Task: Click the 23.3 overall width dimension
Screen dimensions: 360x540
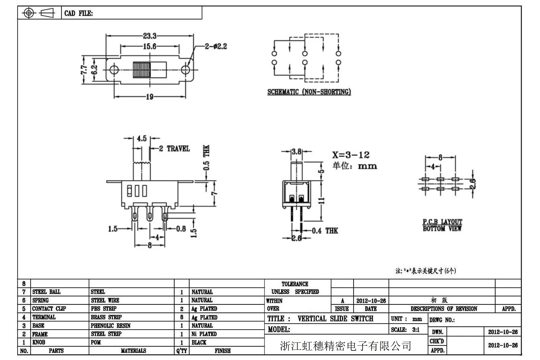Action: coord(149,36)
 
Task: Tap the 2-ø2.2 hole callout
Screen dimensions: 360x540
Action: coord(216,46)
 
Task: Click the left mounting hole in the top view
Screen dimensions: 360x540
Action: coord(114,70)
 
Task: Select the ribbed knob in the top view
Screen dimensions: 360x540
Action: coord(142,70)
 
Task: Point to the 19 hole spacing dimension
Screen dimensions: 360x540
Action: coord(149,97)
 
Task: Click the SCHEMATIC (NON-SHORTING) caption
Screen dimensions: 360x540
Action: coord(309,92)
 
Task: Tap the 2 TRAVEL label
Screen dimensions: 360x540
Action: coord(174,149)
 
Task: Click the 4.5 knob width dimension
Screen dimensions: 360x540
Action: coord(142,138)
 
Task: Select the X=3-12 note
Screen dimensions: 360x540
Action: coord(351,155)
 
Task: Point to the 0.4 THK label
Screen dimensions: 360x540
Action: coord(325,231)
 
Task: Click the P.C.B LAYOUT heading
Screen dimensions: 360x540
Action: coord(442,222)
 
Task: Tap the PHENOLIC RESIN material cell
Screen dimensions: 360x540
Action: coord(111,326)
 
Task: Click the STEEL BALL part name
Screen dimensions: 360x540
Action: coord(46,292)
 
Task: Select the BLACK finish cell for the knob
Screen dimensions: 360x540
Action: coord(199,342)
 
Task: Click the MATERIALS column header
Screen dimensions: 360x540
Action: coord(133,351)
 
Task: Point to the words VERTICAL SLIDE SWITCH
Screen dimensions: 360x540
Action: coord(335,319)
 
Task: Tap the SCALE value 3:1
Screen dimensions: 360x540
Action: coord(416,330)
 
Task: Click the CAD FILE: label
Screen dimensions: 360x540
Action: coord(78,13)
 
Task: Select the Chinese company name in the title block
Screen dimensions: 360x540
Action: coord(346,346)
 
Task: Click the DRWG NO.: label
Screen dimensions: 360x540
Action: coord(442,320)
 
